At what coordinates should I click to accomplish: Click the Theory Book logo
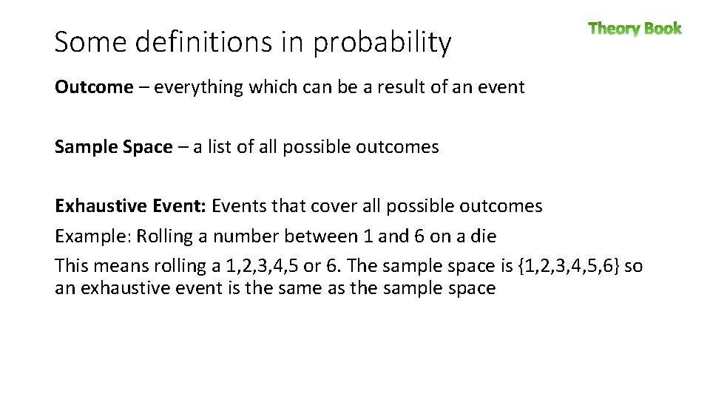635,29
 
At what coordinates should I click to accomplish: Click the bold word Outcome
94,87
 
